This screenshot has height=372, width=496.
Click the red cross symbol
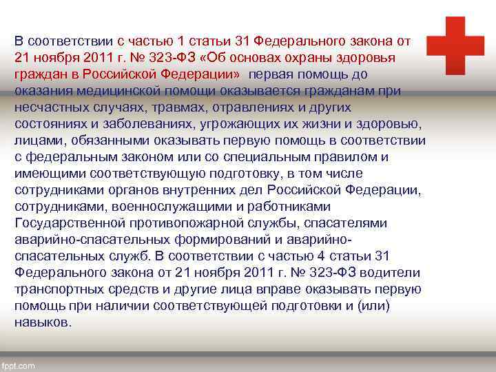coord(455,45)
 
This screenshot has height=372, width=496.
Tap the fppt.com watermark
coord(18,366)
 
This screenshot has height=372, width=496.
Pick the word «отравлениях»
coord(250,107)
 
